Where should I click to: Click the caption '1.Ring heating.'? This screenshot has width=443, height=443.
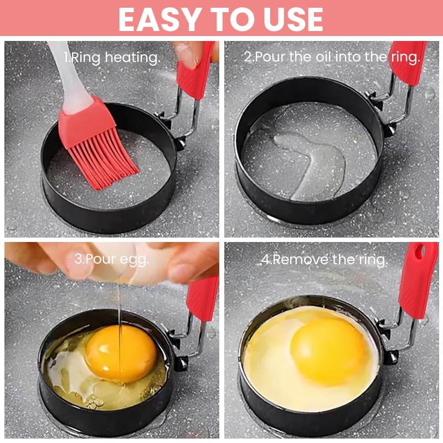[112, 57]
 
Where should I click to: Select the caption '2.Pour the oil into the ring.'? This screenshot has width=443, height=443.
[332, 57]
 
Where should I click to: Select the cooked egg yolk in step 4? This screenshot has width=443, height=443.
[327, 343]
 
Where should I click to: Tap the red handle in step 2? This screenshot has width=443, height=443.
[409, 61]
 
